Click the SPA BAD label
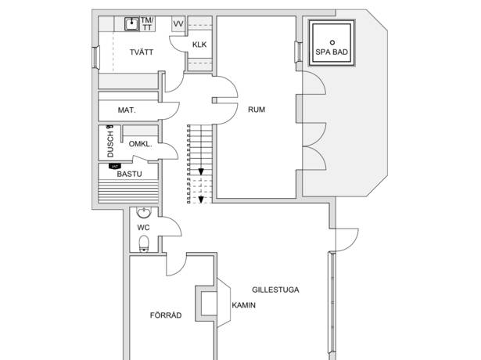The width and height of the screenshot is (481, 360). [332, 52]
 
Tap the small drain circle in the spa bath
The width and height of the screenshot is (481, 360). [332, 42]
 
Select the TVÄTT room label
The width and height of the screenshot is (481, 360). [142, 52]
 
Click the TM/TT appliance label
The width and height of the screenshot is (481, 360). [147, 23]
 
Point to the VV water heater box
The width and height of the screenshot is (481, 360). [178, 24]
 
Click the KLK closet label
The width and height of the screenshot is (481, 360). [199, 45]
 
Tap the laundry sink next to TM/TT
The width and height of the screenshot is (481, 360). [132, 23]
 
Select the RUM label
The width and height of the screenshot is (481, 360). [257, 110]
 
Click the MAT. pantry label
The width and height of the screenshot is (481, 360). [127, 110]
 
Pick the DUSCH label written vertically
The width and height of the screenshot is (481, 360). [110, 144]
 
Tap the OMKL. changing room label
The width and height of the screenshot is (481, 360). [140, 144]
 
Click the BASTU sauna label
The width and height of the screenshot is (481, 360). [130, 174]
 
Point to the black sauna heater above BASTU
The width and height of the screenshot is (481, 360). [115, 167]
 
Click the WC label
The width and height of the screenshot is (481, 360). [143, 228]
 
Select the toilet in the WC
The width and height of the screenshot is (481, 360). [144, 243]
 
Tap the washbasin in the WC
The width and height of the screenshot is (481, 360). [144, 212]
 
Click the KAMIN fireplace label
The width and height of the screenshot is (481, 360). [243, 305]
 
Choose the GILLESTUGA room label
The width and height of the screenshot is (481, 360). [275, 290]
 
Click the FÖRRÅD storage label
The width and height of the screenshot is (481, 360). [166, 315]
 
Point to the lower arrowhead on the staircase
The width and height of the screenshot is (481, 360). [201, 200]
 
